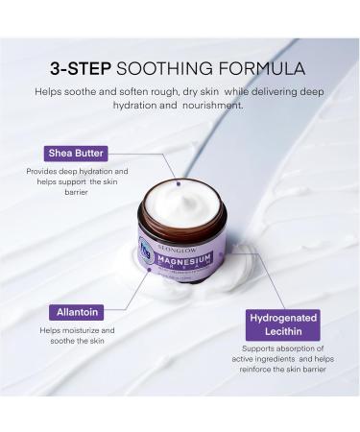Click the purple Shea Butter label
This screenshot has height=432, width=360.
click(77, 152)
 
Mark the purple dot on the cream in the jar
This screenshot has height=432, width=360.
click(176, 180)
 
